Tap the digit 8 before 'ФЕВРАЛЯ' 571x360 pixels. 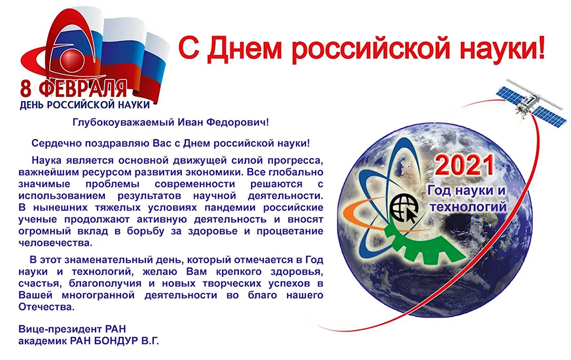pos(26,89)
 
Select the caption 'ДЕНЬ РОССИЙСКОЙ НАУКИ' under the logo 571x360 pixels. pos(85,105)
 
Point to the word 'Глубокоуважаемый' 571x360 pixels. pos(124,123)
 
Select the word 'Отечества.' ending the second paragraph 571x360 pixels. pos(47,307)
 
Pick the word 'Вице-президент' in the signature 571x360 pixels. pos(60,329)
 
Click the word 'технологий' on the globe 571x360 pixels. pos(468,207)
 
